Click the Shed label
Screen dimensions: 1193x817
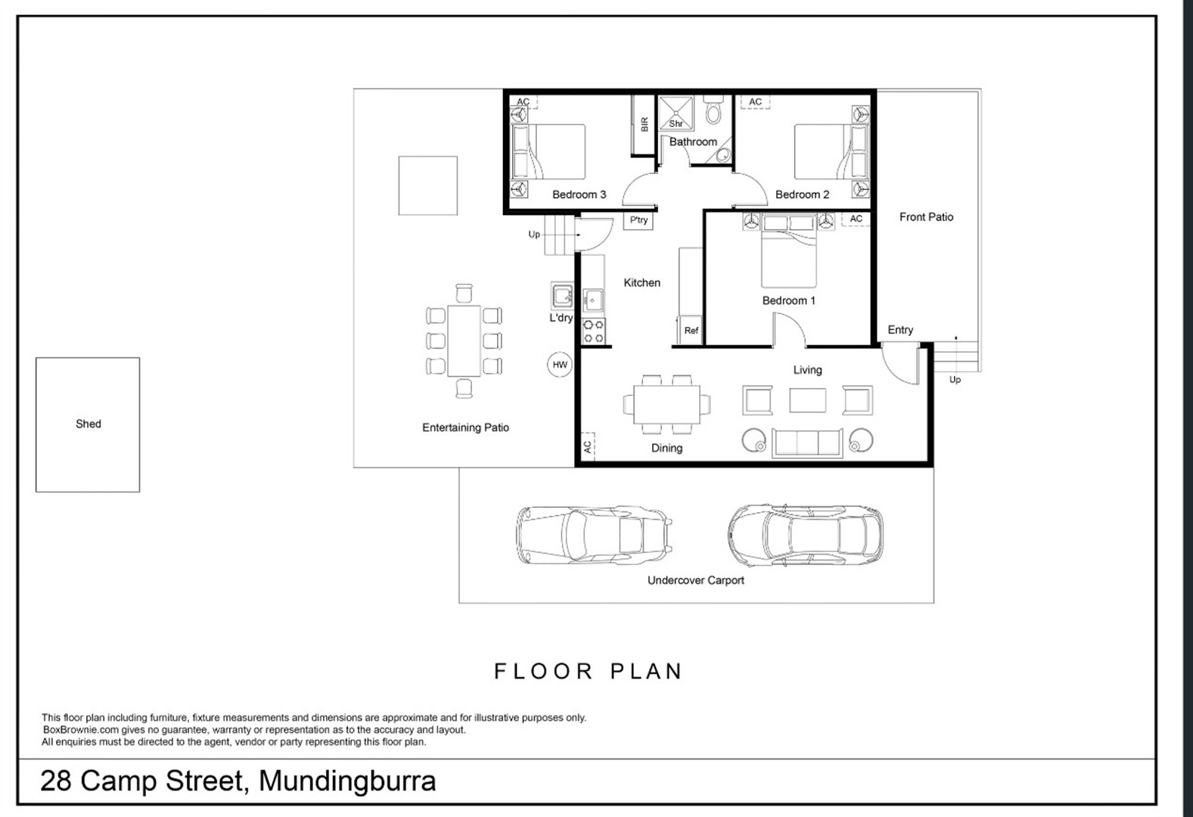coord(88,424)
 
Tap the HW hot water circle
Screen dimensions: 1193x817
coord(560,365)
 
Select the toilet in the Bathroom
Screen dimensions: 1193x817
coord(713,110)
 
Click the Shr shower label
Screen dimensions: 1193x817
coord(676,123)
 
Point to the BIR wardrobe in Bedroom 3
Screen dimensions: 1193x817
coord(643,125)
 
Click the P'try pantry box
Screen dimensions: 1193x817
coord(638,220)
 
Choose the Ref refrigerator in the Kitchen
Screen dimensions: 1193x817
coord(691,331)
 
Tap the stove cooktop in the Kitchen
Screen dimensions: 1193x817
coord(593,332)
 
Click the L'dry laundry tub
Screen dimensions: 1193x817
coord(562,296)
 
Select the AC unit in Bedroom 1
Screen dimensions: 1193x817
coord(856,219)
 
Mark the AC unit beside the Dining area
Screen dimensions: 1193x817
coord(588,446)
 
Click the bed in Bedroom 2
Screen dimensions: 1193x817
coord(831,152)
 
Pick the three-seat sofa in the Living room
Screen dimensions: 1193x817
coord(807,443)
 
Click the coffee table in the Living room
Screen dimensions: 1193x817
coord(807,400)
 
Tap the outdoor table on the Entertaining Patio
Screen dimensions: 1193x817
coord(464,341)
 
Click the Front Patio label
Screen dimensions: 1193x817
coord(926,217)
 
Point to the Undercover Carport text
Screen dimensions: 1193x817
coord(695,580)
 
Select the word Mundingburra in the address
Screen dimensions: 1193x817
coord(347,781)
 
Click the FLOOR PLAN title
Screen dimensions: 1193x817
coord(589,671)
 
